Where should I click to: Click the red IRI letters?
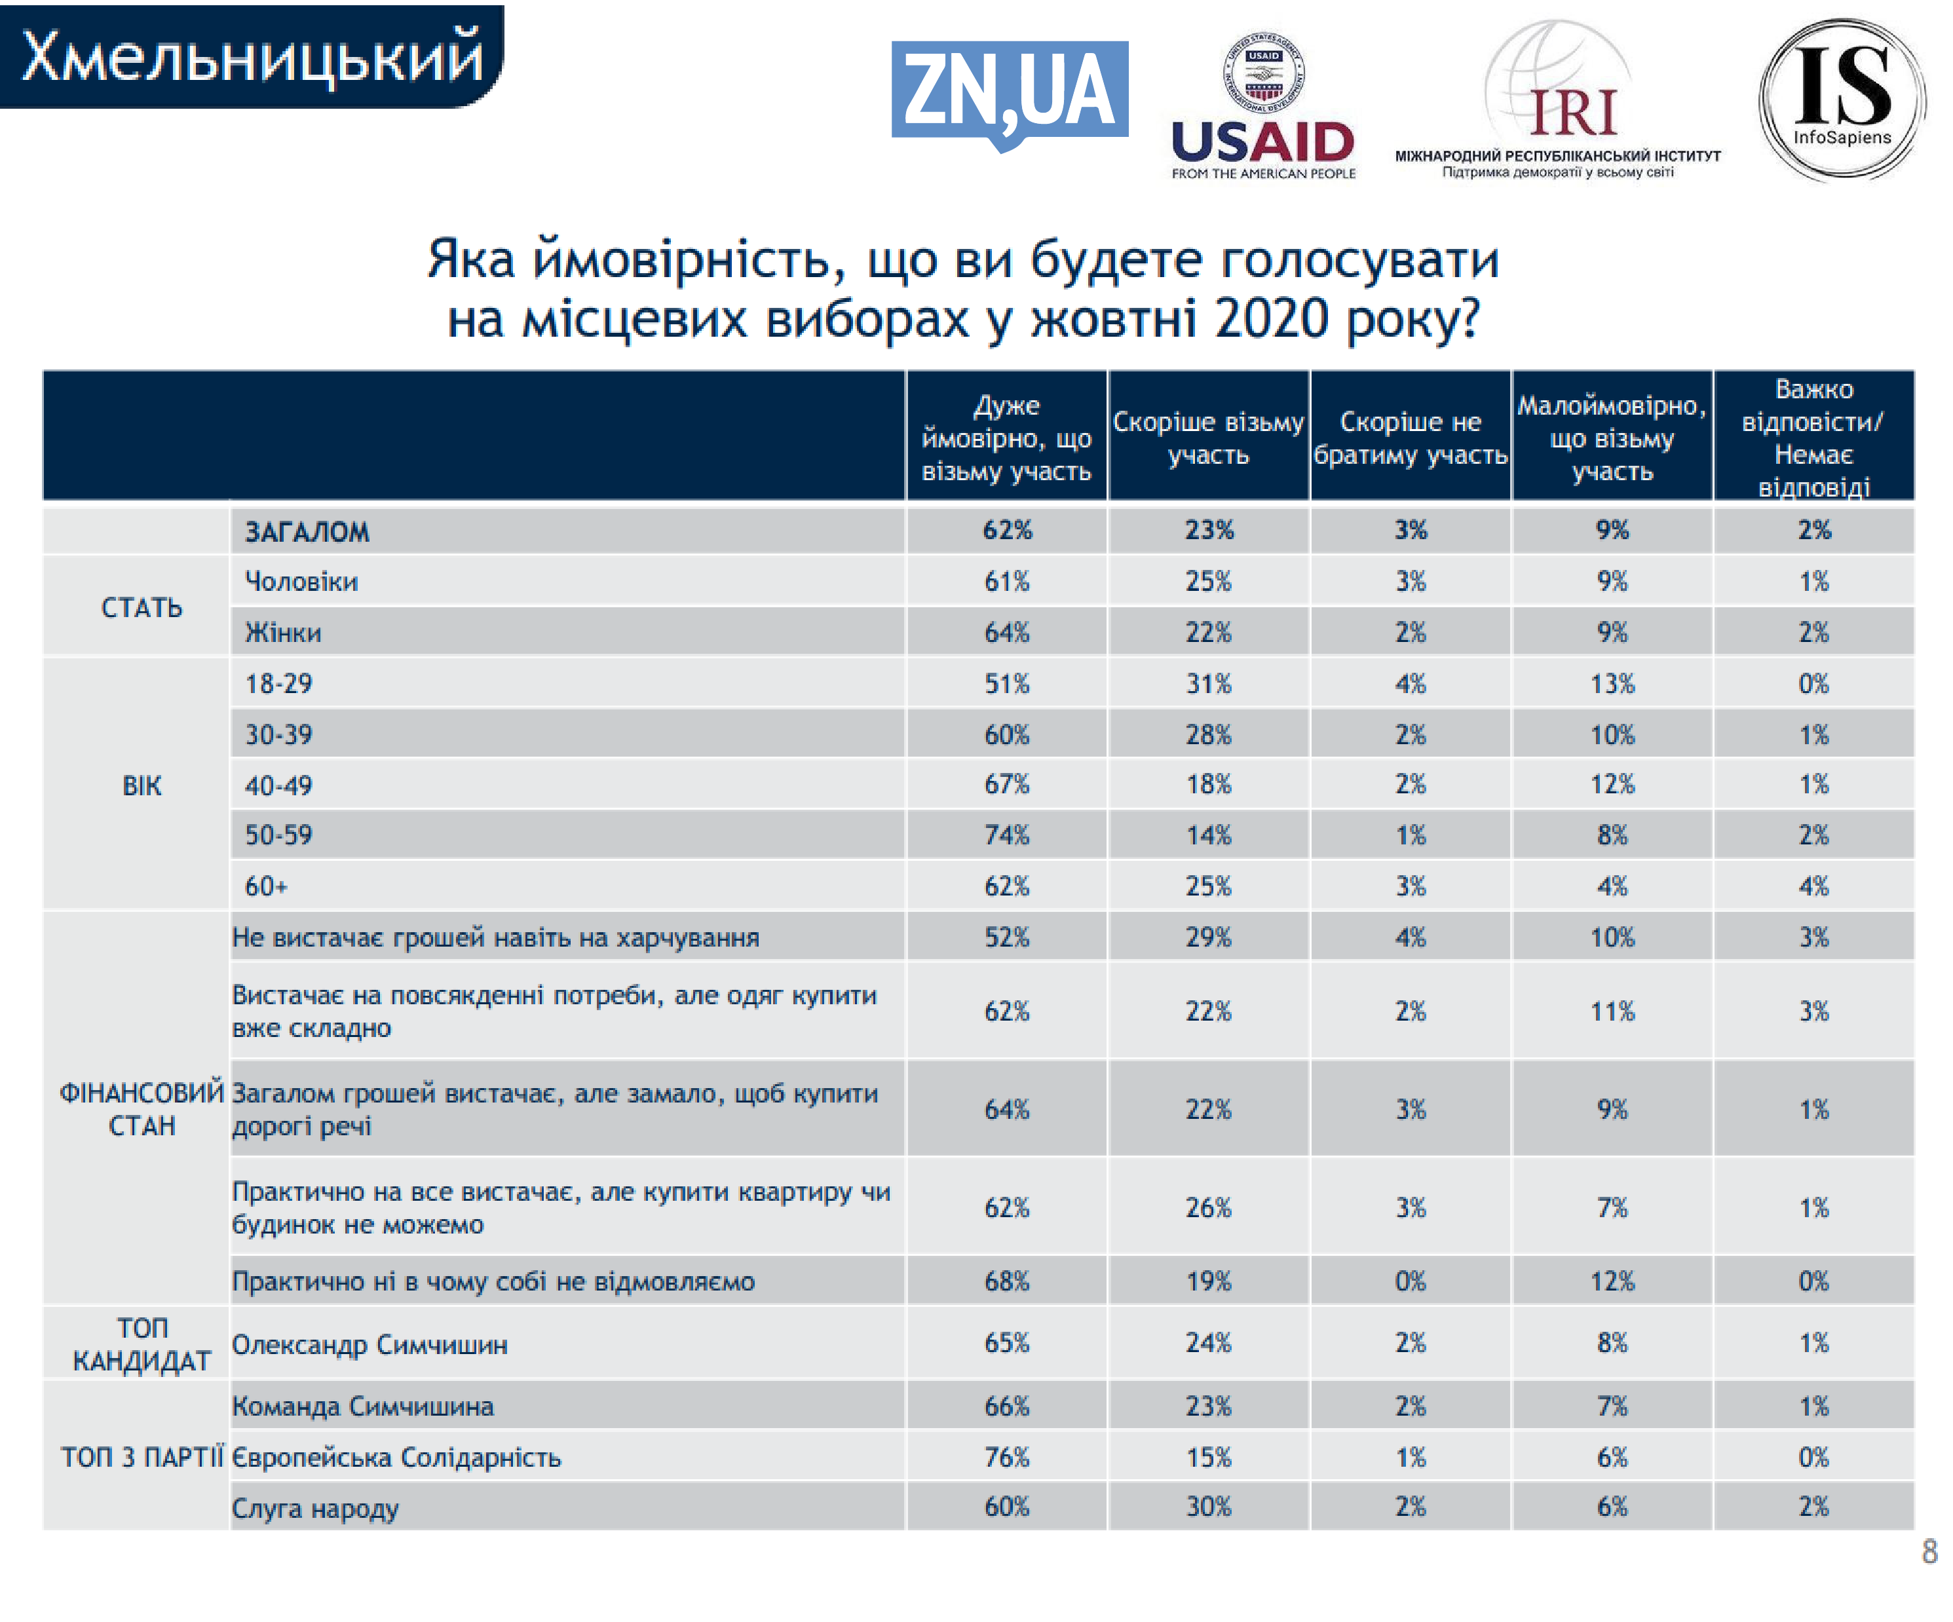click(x=1574, y=113)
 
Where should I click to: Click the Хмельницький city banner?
click(x=251, y=56)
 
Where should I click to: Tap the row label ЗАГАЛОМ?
click(x=307, y=532)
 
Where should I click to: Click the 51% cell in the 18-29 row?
click(x=1006, y=683)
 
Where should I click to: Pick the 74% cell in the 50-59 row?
click(x=1006, y=834)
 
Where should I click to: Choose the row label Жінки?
click(x=283, y=632)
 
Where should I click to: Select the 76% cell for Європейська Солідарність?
click(x=1006, y=1456)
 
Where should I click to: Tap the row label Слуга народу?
click(x=315, y=1507)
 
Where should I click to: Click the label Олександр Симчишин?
click(x=370, y=1345)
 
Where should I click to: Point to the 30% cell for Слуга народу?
click(x=1208, y=1507)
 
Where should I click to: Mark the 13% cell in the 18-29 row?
click(x=1612, y=683)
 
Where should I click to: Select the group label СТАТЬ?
click(x=142, y=607)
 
